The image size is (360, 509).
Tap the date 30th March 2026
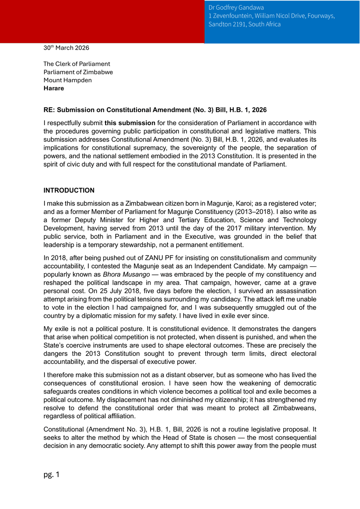coord(66,48)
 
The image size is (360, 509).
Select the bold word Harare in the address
coord(54,88)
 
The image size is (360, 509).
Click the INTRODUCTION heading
coord(69,190)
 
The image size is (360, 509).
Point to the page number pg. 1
coord(51,474)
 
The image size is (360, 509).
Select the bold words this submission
coord(130,123)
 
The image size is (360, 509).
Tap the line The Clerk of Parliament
coord(77,64)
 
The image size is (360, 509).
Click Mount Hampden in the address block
coord(67,80)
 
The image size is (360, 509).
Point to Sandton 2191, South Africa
coord(244,24)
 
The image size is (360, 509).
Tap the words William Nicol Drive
coord(283,16)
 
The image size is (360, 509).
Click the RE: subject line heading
coord(155,110)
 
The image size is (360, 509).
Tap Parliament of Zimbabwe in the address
coord(78,72)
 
